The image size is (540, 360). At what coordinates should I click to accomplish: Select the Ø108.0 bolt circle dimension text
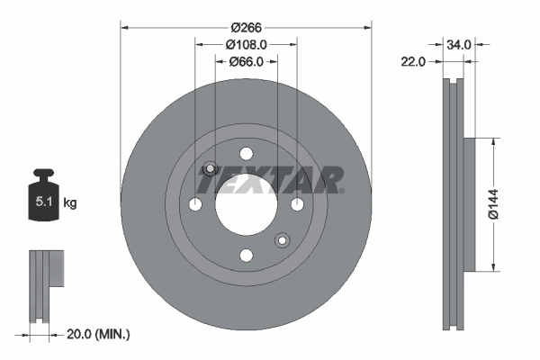point(246,44)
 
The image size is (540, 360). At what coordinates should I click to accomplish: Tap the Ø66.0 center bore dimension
point(246,61)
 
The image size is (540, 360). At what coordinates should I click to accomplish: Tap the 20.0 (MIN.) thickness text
point(99,334)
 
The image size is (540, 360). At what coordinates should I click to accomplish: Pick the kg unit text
point(70,203)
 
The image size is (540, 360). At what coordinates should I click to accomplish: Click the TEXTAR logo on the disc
point(270,180)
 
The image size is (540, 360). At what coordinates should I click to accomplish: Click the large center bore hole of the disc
point(246,204)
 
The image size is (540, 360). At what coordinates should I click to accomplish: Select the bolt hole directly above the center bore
point(246,153)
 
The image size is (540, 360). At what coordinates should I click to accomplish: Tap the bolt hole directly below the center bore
point(246,256)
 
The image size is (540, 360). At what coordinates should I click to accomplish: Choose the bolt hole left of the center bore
point(194,204)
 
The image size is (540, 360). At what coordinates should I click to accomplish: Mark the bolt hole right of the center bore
point(297,204)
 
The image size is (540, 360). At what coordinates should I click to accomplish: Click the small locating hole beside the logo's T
point(210,168)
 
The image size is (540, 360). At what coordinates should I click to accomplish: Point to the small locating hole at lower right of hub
point(282,240)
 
